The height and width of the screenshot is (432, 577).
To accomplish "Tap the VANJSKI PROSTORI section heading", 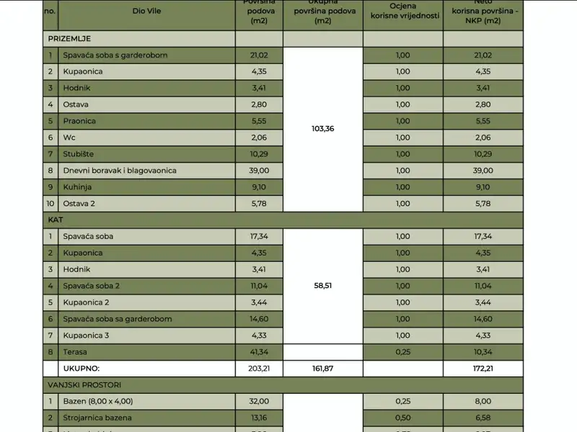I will pyautogui.click(x=85, y=385).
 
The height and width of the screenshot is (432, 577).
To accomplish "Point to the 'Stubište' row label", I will pyautogui.click(x=78, y=154).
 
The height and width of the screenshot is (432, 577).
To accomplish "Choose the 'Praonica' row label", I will pyautogui.click(x=79, y=121).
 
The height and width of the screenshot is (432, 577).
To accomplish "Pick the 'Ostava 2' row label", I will pyautogui.click(x=79, y=204).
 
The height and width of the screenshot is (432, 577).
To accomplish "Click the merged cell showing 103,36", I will pyautogui.click(x=323, y=129).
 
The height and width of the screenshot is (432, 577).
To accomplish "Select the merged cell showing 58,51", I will pyautogui.click(x=323, y=286).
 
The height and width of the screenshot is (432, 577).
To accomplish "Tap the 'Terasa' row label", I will pyautogui.click(x=76, y=352).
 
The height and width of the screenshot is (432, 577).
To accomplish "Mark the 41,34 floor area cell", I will pyautogui.click(x=258, y=352).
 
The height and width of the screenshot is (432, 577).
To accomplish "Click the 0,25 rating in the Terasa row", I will pyautogui.click(x=402, y=352).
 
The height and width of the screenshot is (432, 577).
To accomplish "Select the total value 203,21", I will pyautogui.click(x=258, y=369).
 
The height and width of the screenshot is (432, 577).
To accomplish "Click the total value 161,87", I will pyautogui.click(x=323, y=369).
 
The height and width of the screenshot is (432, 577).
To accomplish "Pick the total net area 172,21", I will pyautogui.click(x=483, y=369).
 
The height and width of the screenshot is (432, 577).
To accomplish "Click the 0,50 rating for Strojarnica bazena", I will pyautogui.click(x=402, y=418).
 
